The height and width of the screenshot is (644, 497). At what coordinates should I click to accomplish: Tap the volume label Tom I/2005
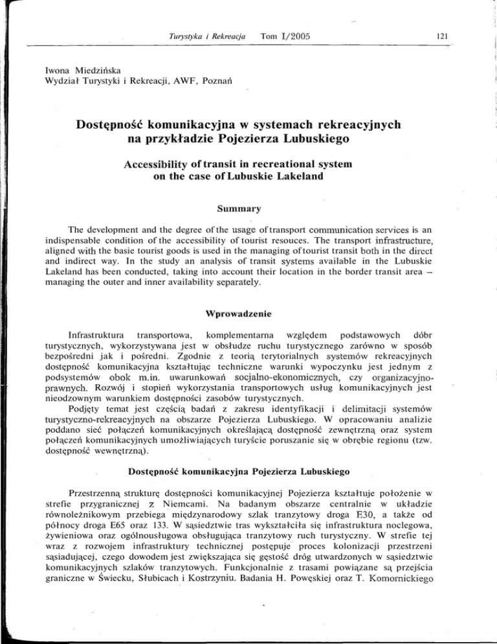(x=282, y=36)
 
